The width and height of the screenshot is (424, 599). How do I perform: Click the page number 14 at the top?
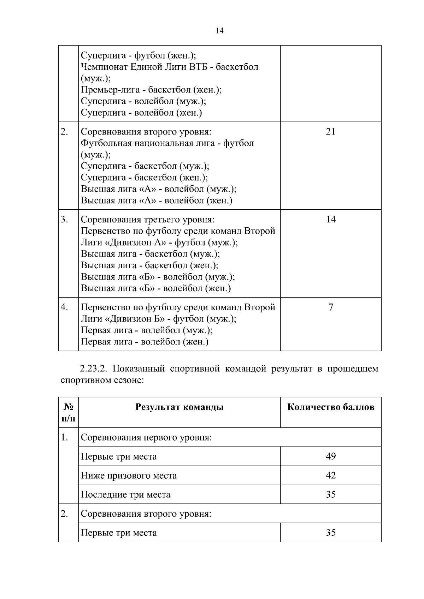tap(219, 31)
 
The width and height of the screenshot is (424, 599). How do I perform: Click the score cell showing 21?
tap(330, 132)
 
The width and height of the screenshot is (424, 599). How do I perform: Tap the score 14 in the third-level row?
tap(330, 220)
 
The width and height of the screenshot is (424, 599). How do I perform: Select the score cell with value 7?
tap(330, 307)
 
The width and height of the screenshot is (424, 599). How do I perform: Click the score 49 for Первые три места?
tap(330, 456)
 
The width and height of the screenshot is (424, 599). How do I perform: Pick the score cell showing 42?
tap(330, 475)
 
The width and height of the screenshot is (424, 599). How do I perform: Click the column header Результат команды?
tap(179, 407)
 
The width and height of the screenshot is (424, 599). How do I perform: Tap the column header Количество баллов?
tap(330, 407)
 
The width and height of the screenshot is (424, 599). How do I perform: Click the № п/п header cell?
tap(68, 412)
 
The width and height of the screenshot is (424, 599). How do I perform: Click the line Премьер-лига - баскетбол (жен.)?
tap(151, 90)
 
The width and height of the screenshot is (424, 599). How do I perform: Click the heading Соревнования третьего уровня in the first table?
tap(148, 220)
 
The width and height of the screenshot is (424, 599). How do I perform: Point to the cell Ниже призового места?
tap(129, 475)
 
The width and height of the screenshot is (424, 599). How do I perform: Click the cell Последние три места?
tap(125, 495)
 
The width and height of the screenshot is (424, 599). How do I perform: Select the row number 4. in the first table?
tap(64, 307)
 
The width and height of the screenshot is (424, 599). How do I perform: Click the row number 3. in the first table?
tap(64, 220)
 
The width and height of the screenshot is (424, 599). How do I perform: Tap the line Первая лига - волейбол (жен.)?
tap(145, 342)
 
